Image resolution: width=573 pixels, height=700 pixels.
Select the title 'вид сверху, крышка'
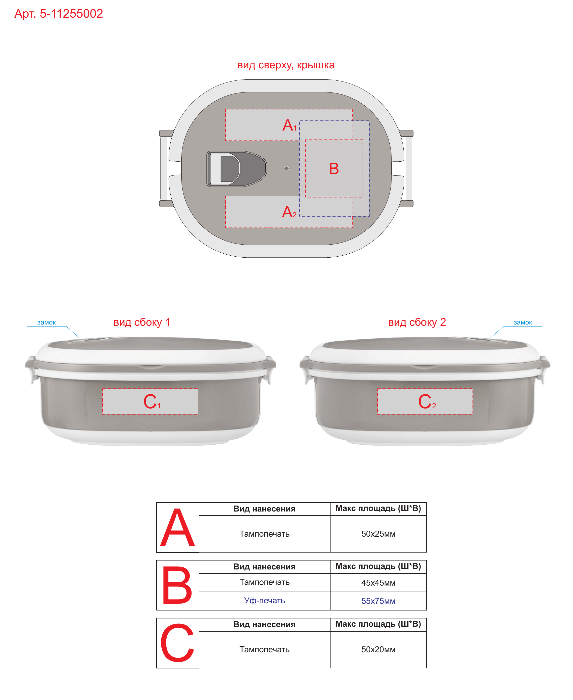[x=286, y=65]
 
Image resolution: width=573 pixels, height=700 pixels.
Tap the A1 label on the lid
[x=289, y=125]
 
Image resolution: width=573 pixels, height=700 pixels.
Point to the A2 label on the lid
[x=289, y=212]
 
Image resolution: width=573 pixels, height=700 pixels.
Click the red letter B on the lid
[x=334, y=169]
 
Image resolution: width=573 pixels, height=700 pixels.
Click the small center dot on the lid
[x=286, y=169]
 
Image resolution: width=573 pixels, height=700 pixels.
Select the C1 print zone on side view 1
[x=150, y=401]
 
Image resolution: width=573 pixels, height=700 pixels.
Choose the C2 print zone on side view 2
[x=425, y=401]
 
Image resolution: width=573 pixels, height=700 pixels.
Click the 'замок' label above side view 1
[x=47, y=323]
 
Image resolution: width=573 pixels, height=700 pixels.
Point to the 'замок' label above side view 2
[x=523, y=323]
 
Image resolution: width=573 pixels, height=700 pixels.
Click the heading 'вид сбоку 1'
[x=142, y=322]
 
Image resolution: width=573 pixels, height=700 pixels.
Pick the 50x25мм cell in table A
[x=378, y=534]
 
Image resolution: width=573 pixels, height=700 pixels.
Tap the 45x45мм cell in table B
[x=378, y=583]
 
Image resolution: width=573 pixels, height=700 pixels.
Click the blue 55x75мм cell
[x=378, y=601]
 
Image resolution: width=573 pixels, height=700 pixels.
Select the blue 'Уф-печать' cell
[x=264, y=601]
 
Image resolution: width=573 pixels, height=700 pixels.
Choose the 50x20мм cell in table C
[x=378, y=650]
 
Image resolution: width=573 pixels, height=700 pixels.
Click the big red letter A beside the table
[x=178, y=528]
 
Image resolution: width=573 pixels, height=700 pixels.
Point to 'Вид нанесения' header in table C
[x=264, y=624]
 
